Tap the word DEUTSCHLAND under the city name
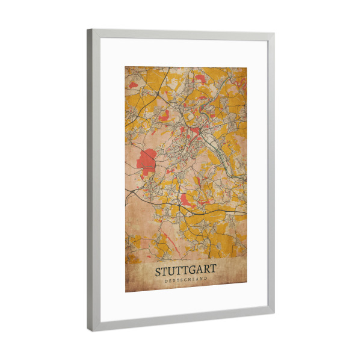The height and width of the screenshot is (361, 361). coord(186,280)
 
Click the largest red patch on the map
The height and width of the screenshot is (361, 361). coord(147,159)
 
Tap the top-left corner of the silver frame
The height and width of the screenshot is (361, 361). coord(88,30)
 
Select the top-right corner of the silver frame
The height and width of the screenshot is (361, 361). coord(274,34)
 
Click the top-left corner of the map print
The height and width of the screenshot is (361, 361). coord(126,67)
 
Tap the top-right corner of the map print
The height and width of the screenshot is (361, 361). coord(247,67)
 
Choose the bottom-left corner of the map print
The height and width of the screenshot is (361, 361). coord(126,292)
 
